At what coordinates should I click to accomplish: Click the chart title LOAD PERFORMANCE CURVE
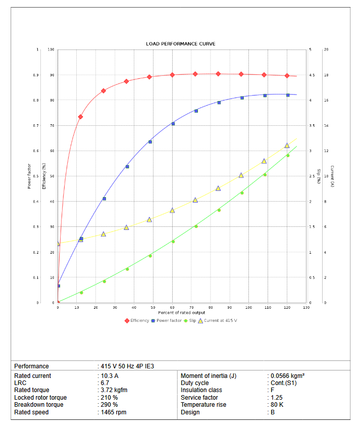pyautogui.click(x=181, y=44)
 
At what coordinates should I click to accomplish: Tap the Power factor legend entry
pyautogui.click(x=169, y=320)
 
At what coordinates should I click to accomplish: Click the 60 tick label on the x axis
pyautogui.click(x=172, y=307)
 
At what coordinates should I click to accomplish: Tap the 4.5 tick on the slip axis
pyautogui.click(x=312, y=75)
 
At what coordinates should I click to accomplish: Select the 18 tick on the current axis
pyautogui.click(x=326, y=75)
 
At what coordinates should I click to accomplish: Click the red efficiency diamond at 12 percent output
pyautogui.click(x=80, y=117)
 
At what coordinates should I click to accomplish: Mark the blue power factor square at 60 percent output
pyautogui.click(x=173, y=124)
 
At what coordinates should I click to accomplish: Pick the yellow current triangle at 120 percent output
pyautogui.click(x=287, y=146)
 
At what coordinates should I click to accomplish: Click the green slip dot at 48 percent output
pyautogui.click(x=150, y=256)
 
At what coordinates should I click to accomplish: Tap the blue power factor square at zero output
pyautogui.click(x=58, y=286)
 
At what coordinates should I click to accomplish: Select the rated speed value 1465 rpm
pyautogui.click(x=113, y=412)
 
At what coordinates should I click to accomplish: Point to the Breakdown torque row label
pyautogui.click(x=39, y=405)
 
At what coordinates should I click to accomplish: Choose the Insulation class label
pyautogui.click(x=201, y=390)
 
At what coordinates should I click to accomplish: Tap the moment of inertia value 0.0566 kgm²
pyautogui.click(x=287, y=376)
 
